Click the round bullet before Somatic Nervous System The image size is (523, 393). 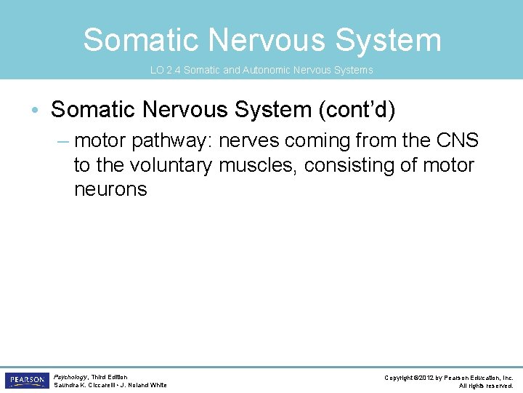36,111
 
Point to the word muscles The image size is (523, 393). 258,165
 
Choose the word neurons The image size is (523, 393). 110,190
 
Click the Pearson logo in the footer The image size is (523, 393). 27,380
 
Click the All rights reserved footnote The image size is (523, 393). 486,386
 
